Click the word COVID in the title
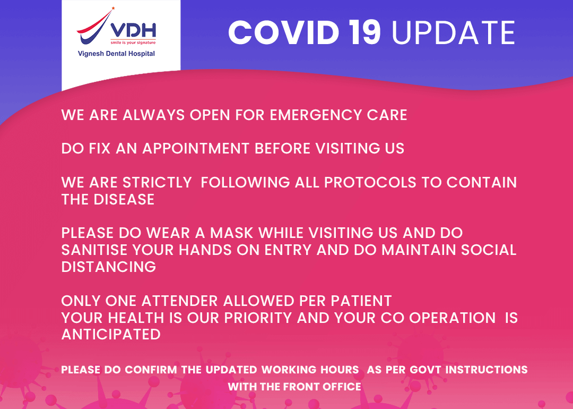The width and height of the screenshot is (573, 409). click(283, 33)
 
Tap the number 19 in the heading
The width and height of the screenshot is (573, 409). click(365, 33)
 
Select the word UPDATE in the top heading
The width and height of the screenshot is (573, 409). click(454, 33)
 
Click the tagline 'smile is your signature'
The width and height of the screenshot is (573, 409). click(133, 41)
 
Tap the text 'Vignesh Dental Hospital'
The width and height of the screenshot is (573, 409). click(116, 54)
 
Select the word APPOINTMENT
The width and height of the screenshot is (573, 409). click(197, 149)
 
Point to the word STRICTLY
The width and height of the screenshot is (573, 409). click(157, 183)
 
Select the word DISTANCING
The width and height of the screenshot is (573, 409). click(109, 267)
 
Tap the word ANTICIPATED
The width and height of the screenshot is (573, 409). click(111, 335)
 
